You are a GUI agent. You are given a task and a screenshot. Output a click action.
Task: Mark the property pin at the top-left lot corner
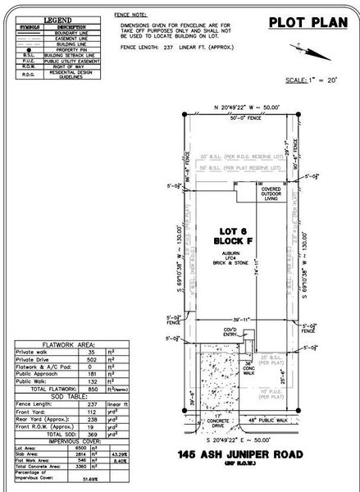(x=184, y=113)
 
